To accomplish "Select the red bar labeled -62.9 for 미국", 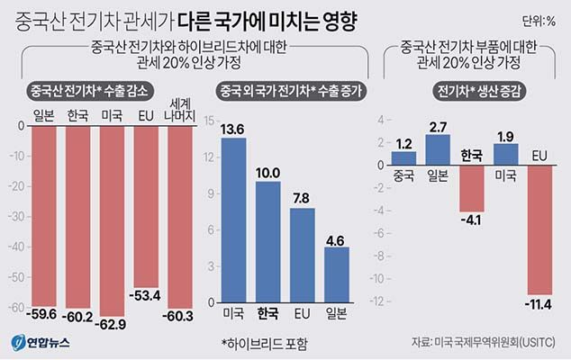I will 112,220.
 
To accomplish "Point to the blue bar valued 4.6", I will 336,274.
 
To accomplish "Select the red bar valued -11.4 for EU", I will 540,230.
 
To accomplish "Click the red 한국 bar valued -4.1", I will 472,188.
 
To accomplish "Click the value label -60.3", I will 180,316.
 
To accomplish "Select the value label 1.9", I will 506,136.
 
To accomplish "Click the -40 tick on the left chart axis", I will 18,247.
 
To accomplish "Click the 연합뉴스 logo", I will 41,343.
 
